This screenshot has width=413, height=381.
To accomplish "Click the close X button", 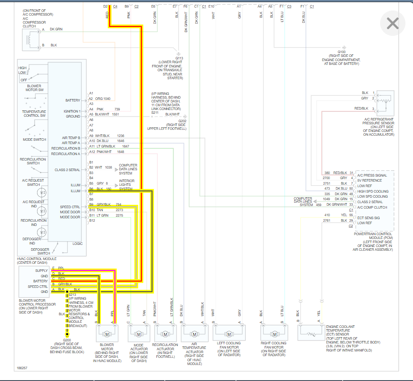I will coord(392,23).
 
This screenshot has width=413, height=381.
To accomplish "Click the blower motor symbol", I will coord(107,334).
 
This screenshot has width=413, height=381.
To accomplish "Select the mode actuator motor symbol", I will coord(139,334).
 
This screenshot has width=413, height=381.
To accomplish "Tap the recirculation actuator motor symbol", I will coord(165,334).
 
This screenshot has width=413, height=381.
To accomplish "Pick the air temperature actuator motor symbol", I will coord(195,334).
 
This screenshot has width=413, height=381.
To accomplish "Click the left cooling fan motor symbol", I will coord(229,334).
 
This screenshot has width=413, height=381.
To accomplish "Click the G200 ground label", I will coord(67,340).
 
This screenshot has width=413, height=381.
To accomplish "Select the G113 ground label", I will coord(180,59).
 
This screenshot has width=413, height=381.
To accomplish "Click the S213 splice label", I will coord(72,295).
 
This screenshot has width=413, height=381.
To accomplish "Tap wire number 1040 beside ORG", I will coord(106,99).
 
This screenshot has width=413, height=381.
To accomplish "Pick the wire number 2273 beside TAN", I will coord(119,210).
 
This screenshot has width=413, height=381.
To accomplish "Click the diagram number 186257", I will coord(23,368).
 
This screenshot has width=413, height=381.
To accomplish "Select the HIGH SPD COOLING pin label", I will coord(372,191).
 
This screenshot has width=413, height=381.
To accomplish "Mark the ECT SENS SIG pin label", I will coord(369,217).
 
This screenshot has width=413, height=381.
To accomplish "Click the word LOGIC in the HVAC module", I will coord(78,244).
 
